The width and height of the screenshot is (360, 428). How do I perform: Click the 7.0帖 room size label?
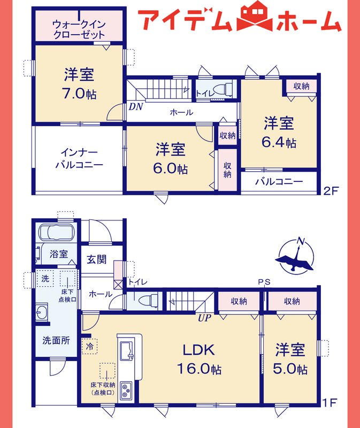click(79, 94)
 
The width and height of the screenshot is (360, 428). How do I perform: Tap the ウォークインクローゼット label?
click(79, 29)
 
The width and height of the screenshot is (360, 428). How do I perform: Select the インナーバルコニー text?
click(79, 158)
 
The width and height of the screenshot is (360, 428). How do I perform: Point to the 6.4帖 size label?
click(279, 142)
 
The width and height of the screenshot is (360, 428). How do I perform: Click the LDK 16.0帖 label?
click(199, 359)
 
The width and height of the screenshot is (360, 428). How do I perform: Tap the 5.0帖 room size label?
click(290, 369)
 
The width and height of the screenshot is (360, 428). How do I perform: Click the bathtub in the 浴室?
click(57, 232)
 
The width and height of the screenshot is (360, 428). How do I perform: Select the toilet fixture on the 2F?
click(223, 89)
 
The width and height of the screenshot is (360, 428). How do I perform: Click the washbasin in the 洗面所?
click(42, 312)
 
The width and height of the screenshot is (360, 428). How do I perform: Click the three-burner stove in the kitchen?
click(126, 391)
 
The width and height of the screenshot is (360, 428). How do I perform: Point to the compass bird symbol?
click(295, 259)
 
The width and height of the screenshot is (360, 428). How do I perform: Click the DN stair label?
click(136, 106)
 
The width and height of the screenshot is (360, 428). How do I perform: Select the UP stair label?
click(204, 318)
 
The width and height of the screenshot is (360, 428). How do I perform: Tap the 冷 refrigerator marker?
click(89, 346)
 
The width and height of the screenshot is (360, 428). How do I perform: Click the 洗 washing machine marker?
click(45, 278)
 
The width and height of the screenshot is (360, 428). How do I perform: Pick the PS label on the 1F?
click(264, 282)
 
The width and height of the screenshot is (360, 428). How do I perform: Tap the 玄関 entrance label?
click(97, 259)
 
